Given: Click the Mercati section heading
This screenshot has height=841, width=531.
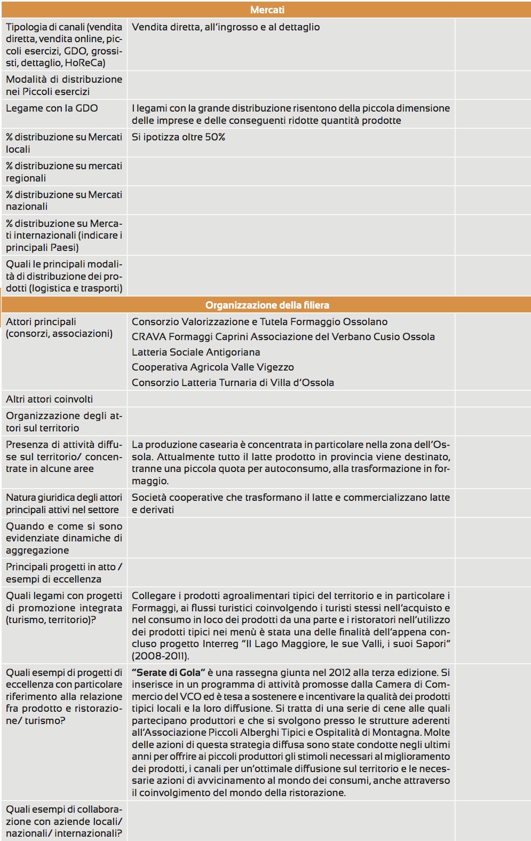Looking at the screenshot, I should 267,10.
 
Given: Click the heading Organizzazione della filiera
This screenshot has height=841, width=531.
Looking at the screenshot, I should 267,305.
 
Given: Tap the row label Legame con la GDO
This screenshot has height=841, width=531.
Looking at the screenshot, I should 52,108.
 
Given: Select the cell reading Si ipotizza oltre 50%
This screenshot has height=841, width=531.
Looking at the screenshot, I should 178,137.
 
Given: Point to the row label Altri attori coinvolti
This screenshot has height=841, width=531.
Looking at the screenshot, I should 49,399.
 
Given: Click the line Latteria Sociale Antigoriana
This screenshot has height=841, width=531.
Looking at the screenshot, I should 196,352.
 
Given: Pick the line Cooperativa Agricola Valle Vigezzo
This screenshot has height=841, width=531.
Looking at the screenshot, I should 212,367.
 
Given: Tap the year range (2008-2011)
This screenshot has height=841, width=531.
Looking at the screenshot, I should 160,656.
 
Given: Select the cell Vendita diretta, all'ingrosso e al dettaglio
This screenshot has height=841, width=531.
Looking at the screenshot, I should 226,27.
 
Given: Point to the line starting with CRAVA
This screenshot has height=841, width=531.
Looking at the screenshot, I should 283,336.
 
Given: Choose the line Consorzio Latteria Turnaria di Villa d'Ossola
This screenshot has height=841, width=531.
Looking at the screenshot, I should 233,382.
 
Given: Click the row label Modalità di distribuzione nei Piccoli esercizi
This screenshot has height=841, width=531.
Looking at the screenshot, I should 64,85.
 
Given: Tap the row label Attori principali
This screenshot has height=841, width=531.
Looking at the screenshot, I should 41,321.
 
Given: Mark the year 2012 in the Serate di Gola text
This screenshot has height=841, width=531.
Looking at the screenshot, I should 340,672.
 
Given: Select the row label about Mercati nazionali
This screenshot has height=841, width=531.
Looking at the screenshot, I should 64,200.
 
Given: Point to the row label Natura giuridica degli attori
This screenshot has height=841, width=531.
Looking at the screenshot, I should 64,503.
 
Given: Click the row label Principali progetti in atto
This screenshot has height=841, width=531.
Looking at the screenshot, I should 64,572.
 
